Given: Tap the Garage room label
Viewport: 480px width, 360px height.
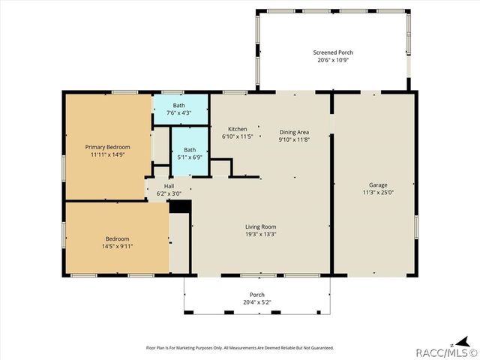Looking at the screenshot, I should tap(377, 184).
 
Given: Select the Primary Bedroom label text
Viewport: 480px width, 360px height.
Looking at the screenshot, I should tap(107, 147).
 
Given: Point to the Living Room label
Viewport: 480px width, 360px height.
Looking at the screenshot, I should tap(260, 226).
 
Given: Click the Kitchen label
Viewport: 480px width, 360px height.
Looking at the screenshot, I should tap(237, 129).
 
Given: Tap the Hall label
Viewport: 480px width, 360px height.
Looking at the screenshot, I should tap(169, 186).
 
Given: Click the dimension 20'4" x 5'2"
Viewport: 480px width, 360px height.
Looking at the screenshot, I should tap(256, 302).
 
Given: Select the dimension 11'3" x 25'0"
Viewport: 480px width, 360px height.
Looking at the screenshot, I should tap(377, 192).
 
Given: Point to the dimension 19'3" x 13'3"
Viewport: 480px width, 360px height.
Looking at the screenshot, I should tap(260, 234).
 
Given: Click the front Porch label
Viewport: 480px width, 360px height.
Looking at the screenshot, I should tap(256, 295).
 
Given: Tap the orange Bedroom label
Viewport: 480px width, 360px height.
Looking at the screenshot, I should tap(115, 238).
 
